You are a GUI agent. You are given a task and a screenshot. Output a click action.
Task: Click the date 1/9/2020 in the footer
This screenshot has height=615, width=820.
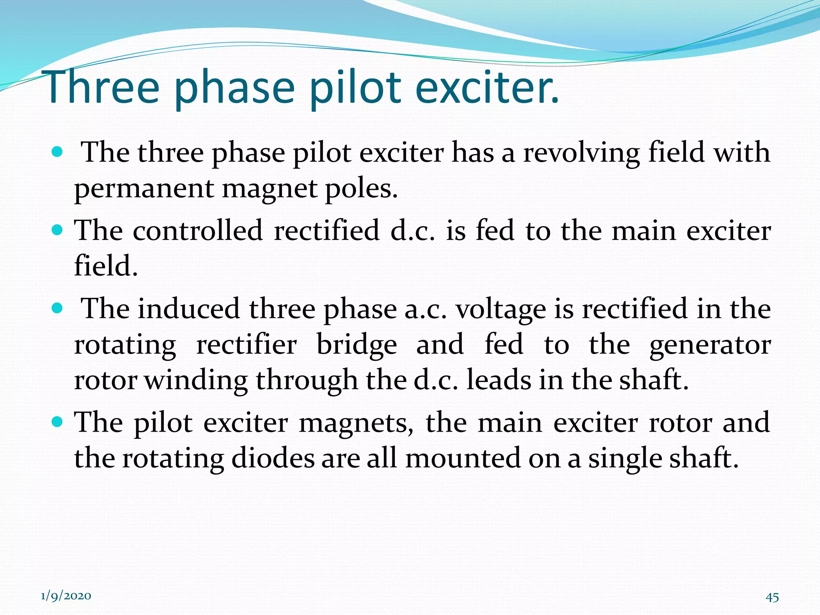pyautogui.click(x=66, y=596)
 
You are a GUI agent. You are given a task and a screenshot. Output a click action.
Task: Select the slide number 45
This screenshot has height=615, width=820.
pyautogui.click(x=772, y=597)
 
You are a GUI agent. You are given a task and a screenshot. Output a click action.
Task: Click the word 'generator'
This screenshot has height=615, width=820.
pyautogui.click(x=710, y=346)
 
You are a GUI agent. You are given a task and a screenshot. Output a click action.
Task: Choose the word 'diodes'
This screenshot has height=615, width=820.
pyautogui.click(x=273, y=458)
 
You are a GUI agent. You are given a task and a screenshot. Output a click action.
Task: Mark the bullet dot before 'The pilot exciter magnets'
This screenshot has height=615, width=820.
pyautogui.click(x=58, y=422)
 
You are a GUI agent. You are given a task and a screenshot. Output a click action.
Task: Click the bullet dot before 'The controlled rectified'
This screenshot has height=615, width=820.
pyautogui.click(x=58, y=230)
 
